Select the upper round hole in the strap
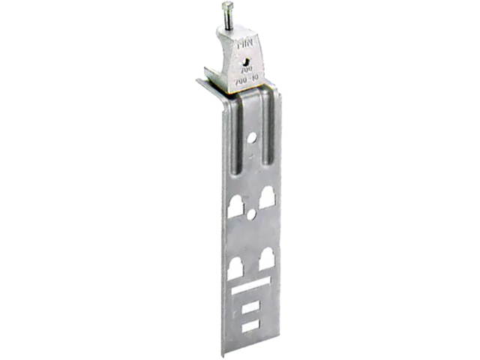[253, 138]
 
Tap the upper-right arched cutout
[266, 196]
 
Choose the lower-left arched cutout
[235, 268]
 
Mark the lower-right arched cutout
[265, 260]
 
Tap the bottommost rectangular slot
[250, 326]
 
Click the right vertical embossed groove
[268, 127]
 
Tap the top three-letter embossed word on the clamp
[245, 44]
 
